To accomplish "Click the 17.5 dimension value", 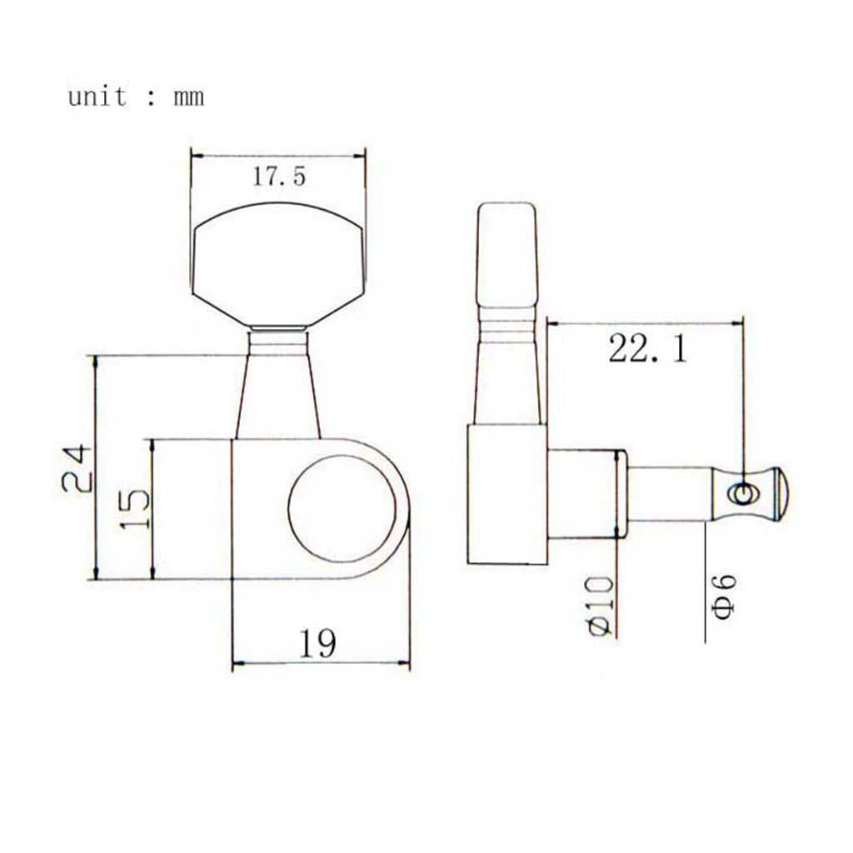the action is [x=279, y=177].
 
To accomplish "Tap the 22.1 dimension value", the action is [x=647, y=348].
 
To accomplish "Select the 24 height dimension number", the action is [x=77, y=468].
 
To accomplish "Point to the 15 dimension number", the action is [x=134, y=509].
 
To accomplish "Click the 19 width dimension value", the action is [x=317, y=643].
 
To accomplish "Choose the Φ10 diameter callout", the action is [x=601, y=606].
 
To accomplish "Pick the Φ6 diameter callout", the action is [x=725, y=596].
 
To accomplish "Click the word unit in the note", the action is [x=97, y=97].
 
